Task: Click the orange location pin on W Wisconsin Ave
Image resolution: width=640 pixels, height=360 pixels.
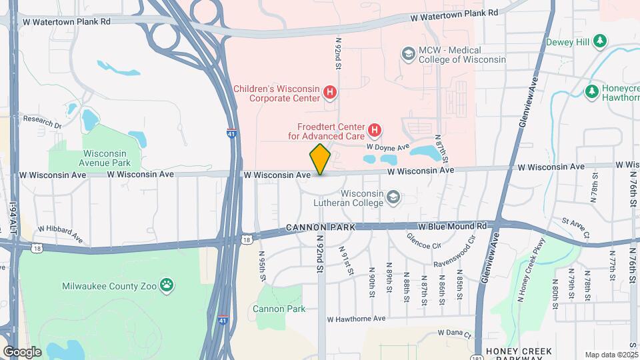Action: click(x=320, y=159)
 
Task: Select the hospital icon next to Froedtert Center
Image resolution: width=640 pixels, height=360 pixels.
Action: click(x=375, y=129)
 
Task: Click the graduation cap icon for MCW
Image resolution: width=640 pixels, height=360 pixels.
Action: click(x=408, y=53)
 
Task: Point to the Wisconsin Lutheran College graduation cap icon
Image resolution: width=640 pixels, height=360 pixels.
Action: click(x=394, y=197)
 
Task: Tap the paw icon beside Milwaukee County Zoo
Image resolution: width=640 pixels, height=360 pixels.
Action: click(x=167, y=285)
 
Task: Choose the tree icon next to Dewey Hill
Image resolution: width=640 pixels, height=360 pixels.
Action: click(x=601, y=41)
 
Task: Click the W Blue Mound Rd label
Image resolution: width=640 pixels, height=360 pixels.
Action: click(x=453, y=227)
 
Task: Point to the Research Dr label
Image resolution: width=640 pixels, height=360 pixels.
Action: click(x=42, y=120)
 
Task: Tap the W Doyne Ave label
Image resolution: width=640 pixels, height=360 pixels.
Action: click(x=387, y=147)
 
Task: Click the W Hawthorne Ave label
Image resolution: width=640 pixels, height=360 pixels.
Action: click(x=357, y=319)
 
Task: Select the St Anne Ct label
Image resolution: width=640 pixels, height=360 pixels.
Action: click(x=576, y=227)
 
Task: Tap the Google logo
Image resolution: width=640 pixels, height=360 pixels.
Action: click(x=22, y=351)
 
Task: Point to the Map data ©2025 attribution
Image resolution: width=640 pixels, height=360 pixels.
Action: click(x=611, y=355)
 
